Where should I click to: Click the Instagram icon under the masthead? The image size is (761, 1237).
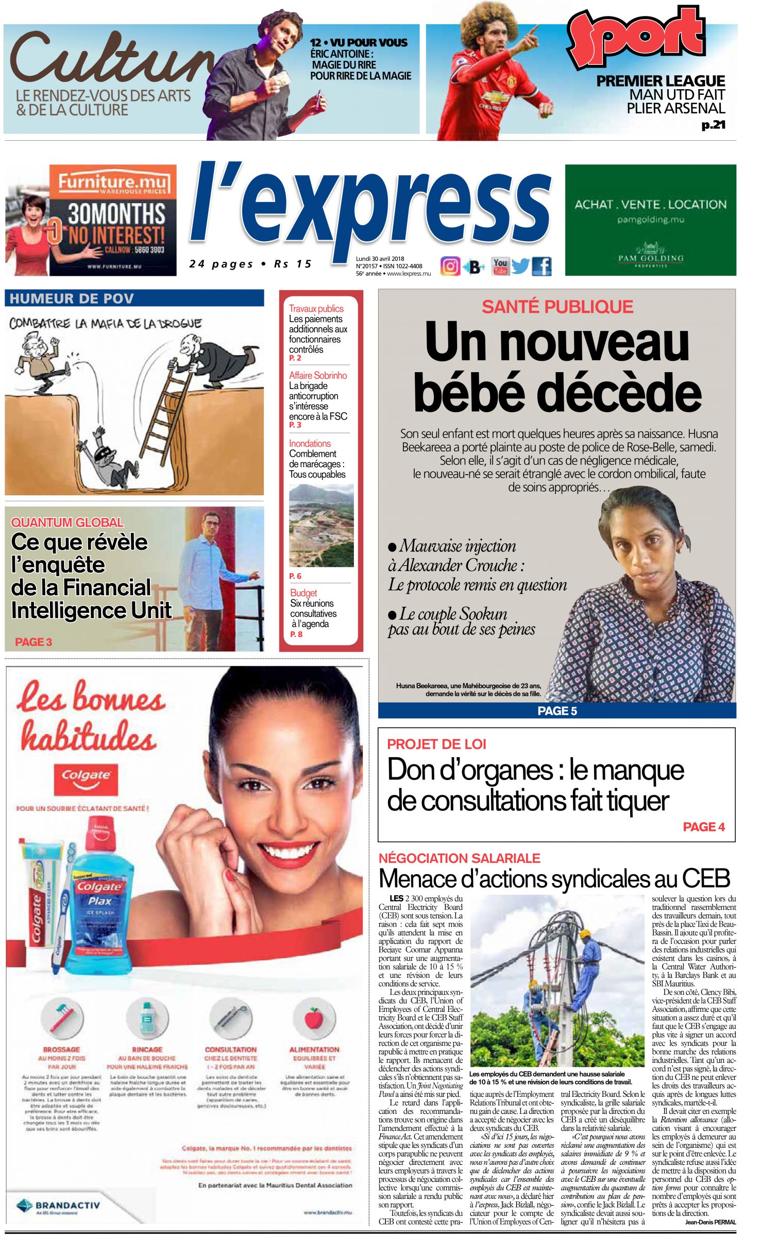click(450, 266)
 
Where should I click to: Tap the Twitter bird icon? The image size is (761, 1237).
click(520, 266)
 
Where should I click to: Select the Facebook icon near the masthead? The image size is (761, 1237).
click(542, 266)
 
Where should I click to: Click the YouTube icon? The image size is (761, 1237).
click(500, 266)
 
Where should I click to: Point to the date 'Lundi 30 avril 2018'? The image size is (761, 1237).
click(380, 259)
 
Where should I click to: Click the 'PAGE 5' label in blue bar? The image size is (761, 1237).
click(557, 711)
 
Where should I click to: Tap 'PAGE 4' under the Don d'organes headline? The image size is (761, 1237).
click(703, 827)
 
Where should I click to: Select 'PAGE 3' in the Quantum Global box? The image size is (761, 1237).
click(33, 642)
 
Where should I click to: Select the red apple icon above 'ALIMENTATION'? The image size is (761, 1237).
click(314, 1018)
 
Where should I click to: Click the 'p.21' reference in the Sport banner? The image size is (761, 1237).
click(713, 125)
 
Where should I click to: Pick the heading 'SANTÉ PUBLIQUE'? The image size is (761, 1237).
click(557, 307)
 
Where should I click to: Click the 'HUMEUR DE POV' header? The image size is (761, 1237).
click(72, 298)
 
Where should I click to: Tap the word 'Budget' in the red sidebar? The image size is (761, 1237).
click(303, 593)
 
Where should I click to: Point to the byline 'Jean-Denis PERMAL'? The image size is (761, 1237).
click(710, 1222)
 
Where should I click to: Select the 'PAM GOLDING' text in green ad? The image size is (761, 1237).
click(651, 258)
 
